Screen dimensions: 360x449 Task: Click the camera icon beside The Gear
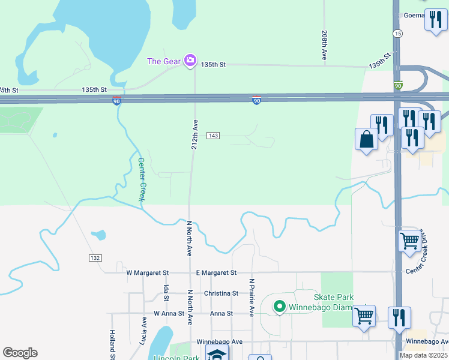click(190, 60)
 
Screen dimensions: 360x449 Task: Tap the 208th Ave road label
click(324, 45)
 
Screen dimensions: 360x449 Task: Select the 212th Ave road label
click(194, 133)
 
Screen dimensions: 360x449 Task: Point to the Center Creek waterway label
click(142, 179)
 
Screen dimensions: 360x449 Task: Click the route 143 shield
click(213, 136)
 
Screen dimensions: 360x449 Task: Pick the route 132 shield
click(95, 257)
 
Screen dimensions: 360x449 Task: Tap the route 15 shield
click(397, 34)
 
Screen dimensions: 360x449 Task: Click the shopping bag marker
click(366, 140)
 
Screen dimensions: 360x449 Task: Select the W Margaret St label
click(148, 272)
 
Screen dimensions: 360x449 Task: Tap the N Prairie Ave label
click(252, 296)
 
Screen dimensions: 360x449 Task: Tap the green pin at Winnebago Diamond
click(279, 307)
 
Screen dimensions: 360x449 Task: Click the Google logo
click(20, 353)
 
